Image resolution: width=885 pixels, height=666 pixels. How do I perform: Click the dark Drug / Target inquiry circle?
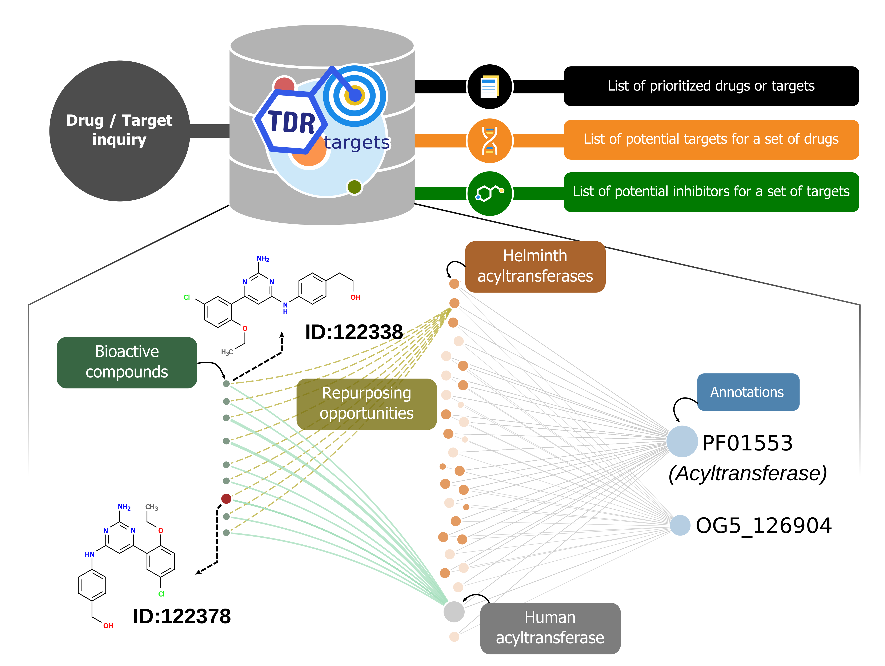pos(119,131)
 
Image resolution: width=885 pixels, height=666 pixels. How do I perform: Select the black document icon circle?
pos(489,86)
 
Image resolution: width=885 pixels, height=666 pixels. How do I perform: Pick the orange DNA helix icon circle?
pos(489,140)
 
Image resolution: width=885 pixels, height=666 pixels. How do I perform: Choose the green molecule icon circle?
pos(489,194)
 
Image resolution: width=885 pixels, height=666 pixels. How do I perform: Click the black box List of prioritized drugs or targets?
pos(711,86)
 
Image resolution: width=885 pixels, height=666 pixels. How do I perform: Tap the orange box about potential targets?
pos(711,140)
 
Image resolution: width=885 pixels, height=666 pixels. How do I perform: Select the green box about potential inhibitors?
pos(711,192)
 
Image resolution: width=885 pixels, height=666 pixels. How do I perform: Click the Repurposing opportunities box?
pos(367,404)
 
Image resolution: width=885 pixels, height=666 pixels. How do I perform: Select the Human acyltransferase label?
pos(550,628)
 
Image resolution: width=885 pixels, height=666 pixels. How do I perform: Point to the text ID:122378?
pos(182,616)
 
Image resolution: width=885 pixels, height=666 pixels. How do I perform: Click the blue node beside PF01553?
pos(682,441)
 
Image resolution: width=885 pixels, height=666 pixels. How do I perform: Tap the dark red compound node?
pos(226,499)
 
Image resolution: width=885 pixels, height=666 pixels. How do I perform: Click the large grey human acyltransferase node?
pos(454,611)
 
